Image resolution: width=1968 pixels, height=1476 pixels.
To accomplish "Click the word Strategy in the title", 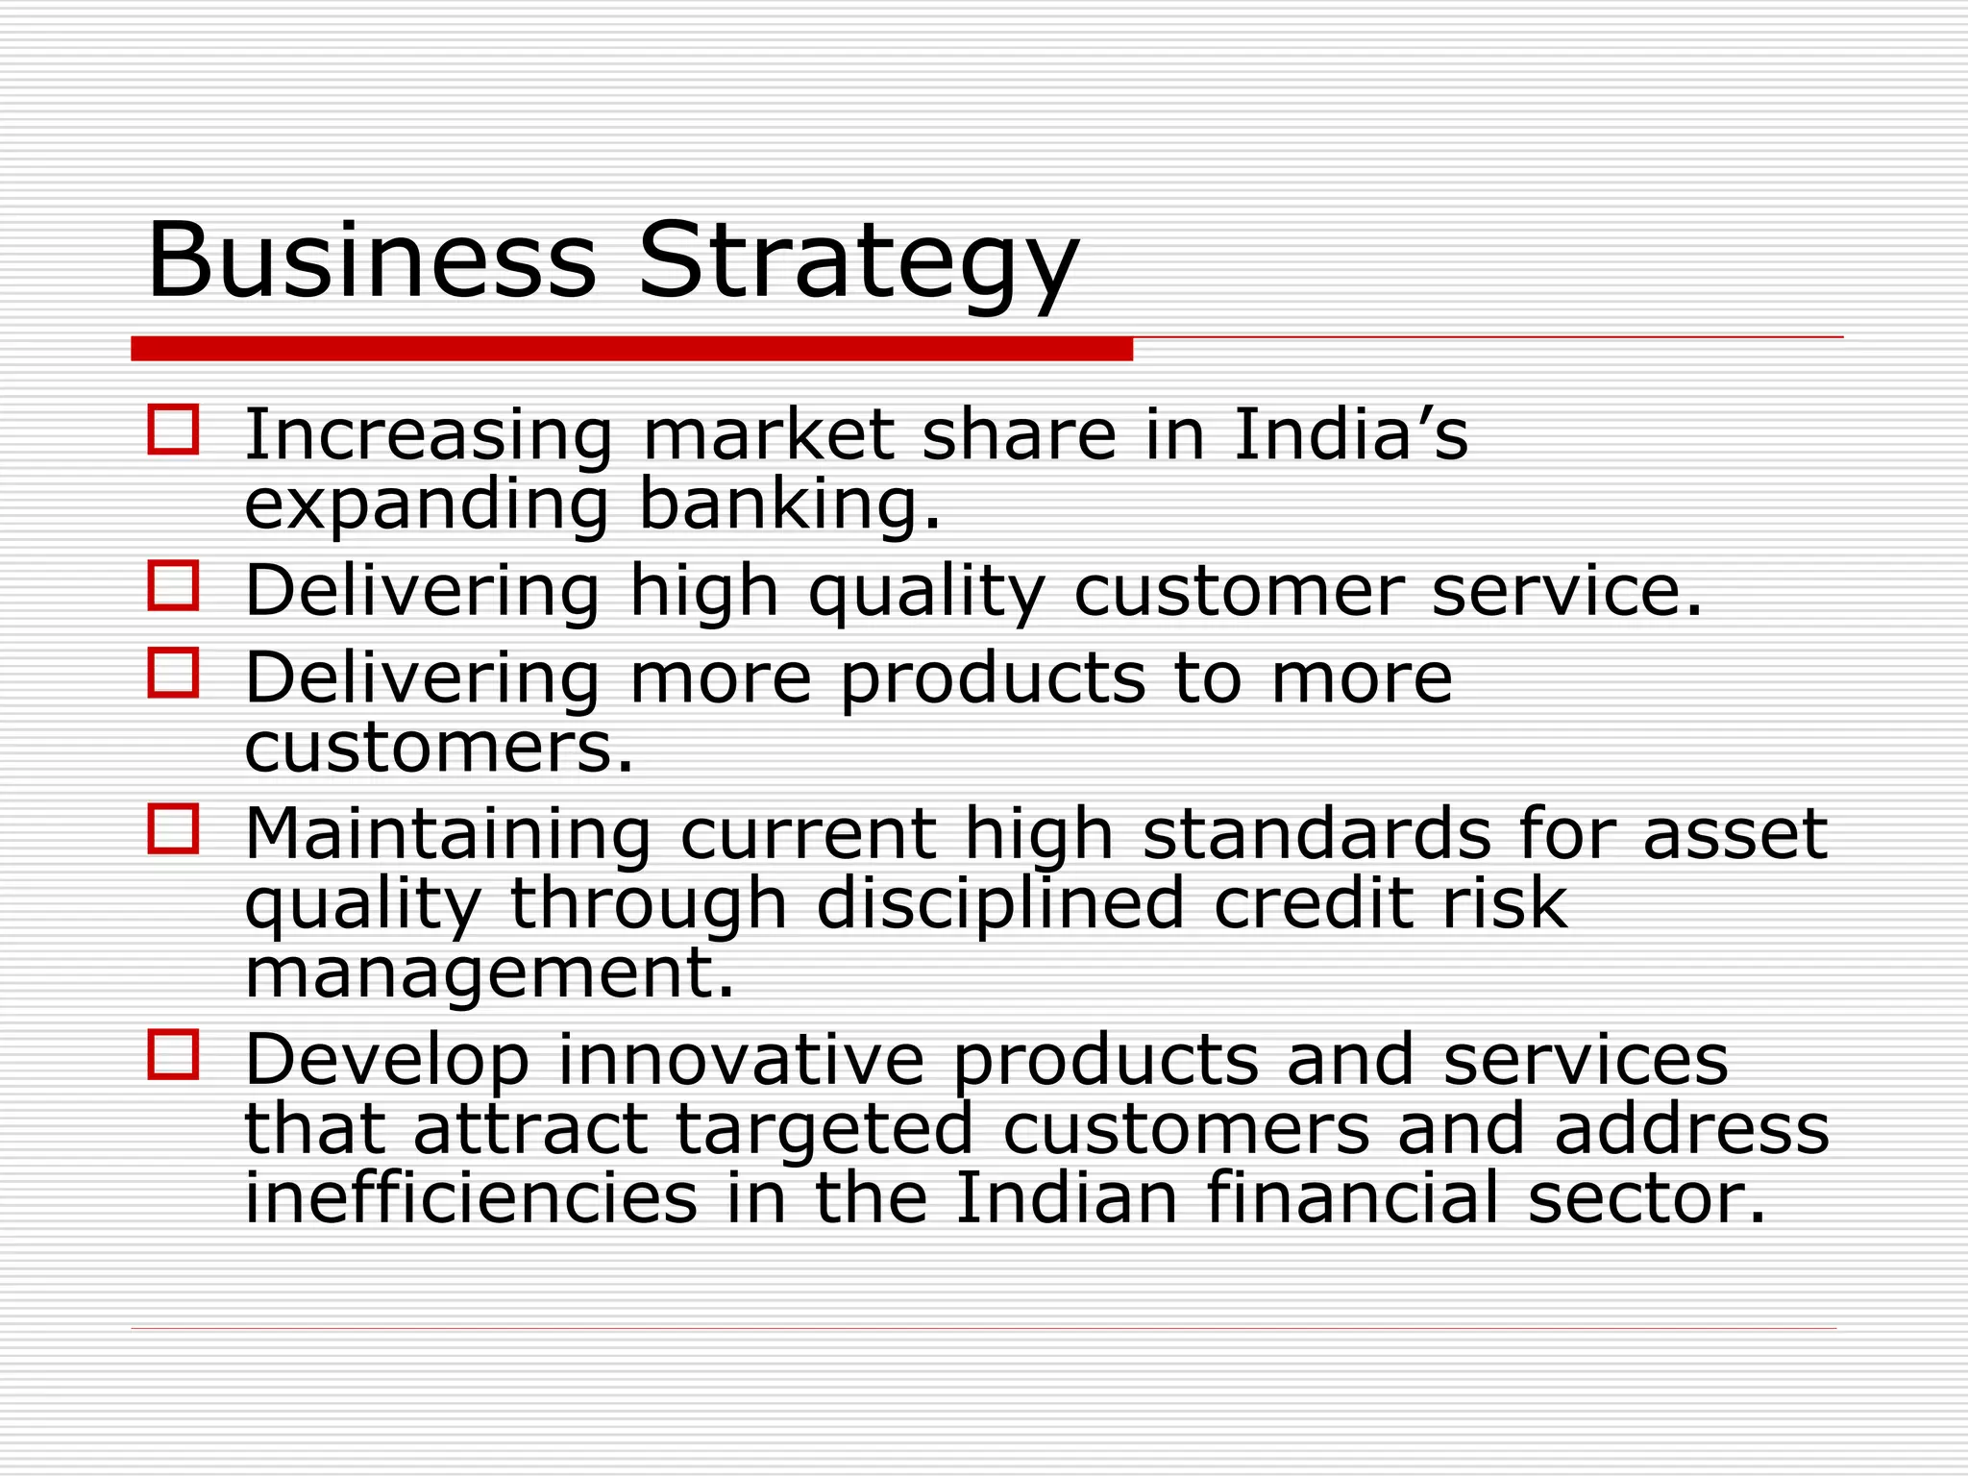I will click(858, 261).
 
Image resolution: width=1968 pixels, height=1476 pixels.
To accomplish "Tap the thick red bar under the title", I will click(631, 349).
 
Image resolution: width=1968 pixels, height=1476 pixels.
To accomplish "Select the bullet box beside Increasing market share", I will click(174, 429).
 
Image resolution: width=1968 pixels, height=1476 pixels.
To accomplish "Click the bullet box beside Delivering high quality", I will click(174, 585).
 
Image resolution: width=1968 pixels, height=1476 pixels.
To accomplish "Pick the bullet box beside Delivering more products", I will click(174, 672).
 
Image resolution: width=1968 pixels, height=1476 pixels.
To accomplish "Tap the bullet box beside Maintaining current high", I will click(174, 828).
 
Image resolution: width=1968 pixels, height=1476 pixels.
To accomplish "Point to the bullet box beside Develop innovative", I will click(174, 1054).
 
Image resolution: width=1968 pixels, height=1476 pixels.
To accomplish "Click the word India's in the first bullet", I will click(1349, 435).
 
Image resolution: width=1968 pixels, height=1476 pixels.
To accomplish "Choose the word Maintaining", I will click(448, 834).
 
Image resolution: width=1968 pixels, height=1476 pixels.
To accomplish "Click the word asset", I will click(1734, 834).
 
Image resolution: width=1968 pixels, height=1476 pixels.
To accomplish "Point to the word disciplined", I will click(999, 904).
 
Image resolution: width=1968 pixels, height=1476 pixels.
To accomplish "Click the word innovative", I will click(740, 1060).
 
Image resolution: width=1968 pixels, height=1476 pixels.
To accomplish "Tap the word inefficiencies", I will click(471, 1198).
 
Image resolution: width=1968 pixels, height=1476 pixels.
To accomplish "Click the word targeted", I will click(824, 1130).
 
